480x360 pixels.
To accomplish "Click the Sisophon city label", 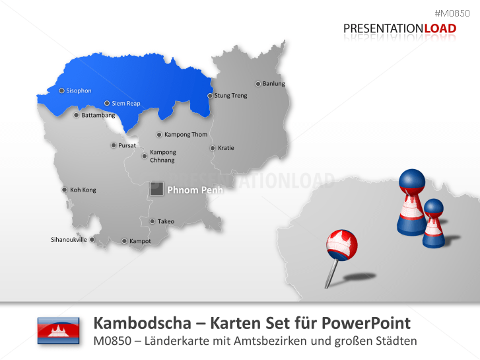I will point(79,90).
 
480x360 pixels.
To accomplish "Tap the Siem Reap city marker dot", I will point(107,103).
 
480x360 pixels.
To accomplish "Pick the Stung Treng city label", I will point(230,96).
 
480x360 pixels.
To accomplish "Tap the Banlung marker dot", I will point(258,84).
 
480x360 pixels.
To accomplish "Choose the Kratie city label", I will point(226,148).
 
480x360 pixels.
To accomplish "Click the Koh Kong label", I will point(83,190).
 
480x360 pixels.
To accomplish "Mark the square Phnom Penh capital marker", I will point(156,190).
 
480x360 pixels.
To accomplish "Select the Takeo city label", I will point(166,221).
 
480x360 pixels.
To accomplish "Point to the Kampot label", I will point(140,241).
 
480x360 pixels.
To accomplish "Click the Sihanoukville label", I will point(69,239).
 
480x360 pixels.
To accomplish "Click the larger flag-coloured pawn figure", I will point(411,201).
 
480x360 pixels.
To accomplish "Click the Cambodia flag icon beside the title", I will point(58,330).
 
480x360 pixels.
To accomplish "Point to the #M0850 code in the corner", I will point(457,14).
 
